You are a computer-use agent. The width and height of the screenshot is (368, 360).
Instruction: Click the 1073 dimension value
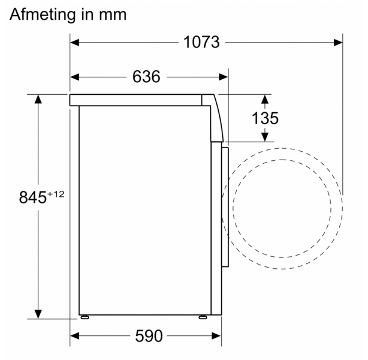point(201,42)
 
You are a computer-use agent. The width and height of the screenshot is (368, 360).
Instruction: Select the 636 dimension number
point(146,77)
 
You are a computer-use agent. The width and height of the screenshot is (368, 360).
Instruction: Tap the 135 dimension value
point(265,118)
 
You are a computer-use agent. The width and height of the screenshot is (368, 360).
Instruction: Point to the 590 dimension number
point(149,336)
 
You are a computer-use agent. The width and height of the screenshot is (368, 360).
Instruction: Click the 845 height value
point(32,197)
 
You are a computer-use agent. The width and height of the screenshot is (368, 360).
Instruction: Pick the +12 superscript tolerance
point(56,194)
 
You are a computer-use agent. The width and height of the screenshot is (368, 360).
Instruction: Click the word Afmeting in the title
point(43,15)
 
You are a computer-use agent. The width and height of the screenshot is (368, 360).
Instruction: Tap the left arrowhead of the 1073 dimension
point(74,43)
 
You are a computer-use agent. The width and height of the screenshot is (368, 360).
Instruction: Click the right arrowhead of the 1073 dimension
point(338,43)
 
